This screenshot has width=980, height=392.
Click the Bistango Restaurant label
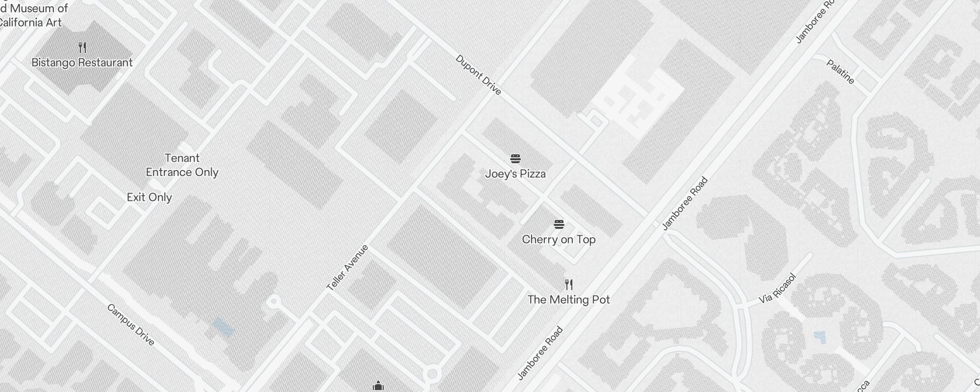[82, 63]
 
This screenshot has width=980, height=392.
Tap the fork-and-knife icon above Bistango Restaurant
[82, 48]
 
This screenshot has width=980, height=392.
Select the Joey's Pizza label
[515, 174]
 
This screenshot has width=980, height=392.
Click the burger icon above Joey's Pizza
[515, 159]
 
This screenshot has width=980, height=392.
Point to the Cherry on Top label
[559, 240]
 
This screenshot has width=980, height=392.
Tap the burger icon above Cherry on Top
[559, 224]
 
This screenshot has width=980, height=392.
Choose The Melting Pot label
[568, 300]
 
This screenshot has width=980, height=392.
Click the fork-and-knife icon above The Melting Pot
[569, 284]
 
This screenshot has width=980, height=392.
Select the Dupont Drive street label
[478, 75]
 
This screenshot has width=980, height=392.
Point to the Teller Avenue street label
[347, 268]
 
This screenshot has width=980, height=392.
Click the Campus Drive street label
[131, 324]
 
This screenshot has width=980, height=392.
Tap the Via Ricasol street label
[778, 289]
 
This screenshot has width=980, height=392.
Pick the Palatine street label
[840, 72]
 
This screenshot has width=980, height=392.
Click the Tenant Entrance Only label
[182, 165]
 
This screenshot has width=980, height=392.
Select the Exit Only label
[149, 197]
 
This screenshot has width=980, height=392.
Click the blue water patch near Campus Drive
[223, 327]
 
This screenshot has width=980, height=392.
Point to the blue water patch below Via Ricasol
[819, 337]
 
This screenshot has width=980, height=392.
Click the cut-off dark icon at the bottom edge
[378, 387]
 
